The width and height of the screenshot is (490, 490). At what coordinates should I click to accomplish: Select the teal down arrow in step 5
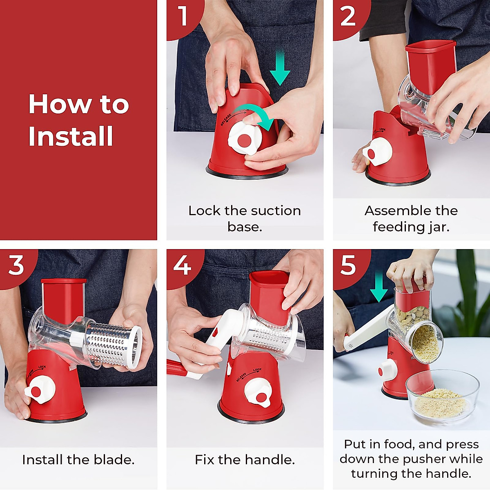(379, 286)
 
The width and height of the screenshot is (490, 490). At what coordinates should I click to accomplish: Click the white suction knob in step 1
(245, 138)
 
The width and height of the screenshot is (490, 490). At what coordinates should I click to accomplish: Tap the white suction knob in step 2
(377, 151)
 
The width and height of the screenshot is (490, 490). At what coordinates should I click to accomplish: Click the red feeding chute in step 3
(64, 302)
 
